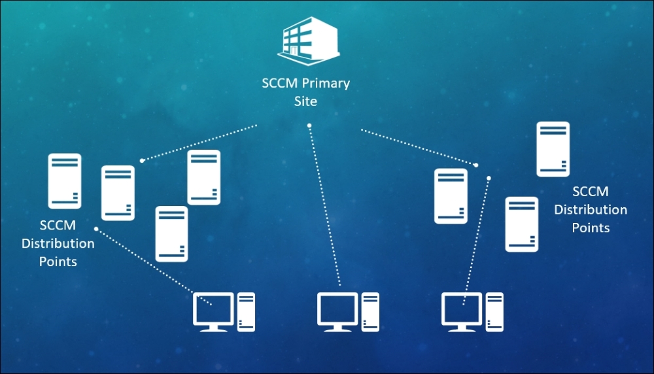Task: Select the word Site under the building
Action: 306,101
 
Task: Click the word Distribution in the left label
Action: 58,243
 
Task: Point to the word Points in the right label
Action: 591,228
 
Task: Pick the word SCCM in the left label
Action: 58,226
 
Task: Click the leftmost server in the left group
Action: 65,181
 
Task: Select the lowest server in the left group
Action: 171,234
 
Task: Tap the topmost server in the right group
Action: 553,149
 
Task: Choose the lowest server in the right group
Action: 522,224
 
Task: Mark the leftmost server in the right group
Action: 451,196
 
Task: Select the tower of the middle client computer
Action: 370,311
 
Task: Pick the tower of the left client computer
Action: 246,311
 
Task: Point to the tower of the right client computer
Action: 494,311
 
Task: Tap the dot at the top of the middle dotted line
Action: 309,125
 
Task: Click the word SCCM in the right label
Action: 590,192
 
